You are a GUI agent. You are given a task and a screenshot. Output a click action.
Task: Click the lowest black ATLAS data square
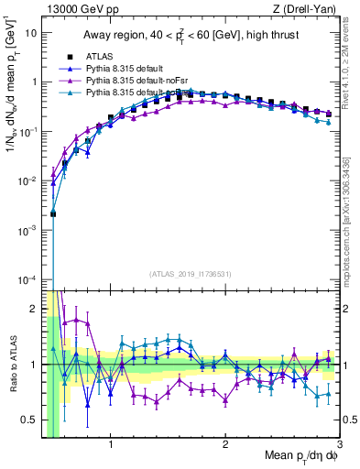tap(53, 213)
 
